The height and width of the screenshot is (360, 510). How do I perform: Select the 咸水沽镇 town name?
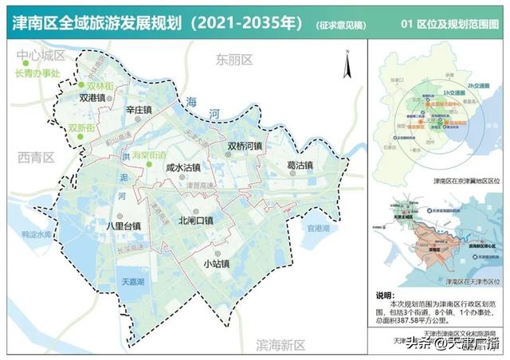pos(183,168)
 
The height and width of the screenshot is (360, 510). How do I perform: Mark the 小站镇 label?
pos(215,264)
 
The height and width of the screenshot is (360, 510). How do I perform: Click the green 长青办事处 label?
pos(37,73)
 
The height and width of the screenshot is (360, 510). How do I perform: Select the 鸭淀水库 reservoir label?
pos(36,234)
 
